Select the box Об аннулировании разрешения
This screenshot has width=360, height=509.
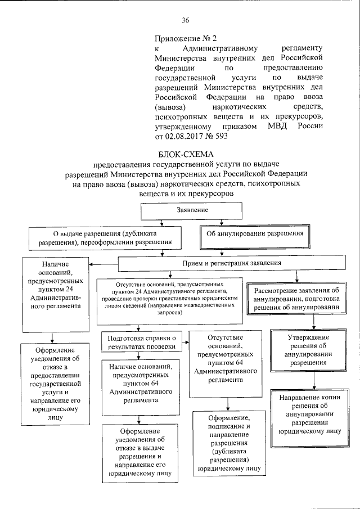[x=255, y=233]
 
